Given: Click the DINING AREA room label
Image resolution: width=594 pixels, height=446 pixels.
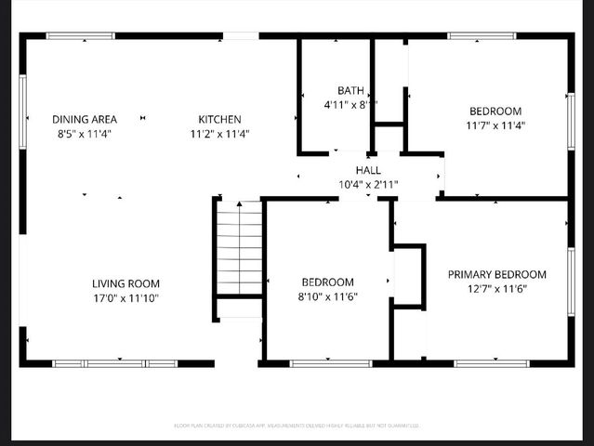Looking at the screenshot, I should (84, 119).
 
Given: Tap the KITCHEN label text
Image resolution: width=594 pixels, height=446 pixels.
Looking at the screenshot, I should (219, 119).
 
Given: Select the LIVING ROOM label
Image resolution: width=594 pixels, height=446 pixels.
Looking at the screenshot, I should (125, 283).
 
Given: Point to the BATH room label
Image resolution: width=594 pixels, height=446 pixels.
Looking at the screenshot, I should (350, 91).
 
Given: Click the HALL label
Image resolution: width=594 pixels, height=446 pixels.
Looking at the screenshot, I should (368, 170).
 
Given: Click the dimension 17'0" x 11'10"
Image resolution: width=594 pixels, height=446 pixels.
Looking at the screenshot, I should (125, 298).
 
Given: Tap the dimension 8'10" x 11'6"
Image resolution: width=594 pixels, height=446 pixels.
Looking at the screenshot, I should (327, 296).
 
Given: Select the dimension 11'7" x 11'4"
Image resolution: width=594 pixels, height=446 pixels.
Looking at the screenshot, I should (495, 125).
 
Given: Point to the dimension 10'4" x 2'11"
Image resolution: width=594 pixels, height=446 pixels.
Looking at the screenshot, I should (368, 185).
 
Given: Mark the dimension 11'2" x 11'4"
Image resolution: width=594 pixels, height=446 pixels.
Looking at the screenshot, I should (219, 133).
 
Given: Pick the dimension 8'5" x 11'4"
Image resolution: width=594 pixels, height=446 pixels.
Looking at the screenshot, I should (84, 133).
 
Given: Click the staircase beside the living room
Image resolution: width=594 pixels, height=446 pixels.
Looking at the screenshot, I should (240, 249).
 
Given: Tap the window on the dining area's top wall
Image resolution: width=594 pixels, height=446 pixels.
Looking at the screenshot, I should (81, 36).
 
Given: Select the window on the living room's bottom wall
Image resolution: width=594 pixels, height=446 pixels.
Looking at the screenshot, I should (114, 363).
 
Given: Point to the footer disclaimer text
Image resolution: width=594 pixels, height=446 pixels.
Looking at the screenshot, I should (297, 426).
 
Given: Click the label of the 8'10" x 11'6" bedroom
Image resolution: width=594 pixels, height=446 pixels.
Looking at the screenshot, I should (327, 282).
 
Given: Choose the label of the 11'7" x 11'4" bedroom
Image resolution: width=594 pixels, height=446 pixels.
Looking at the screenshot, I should (495, 111).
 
